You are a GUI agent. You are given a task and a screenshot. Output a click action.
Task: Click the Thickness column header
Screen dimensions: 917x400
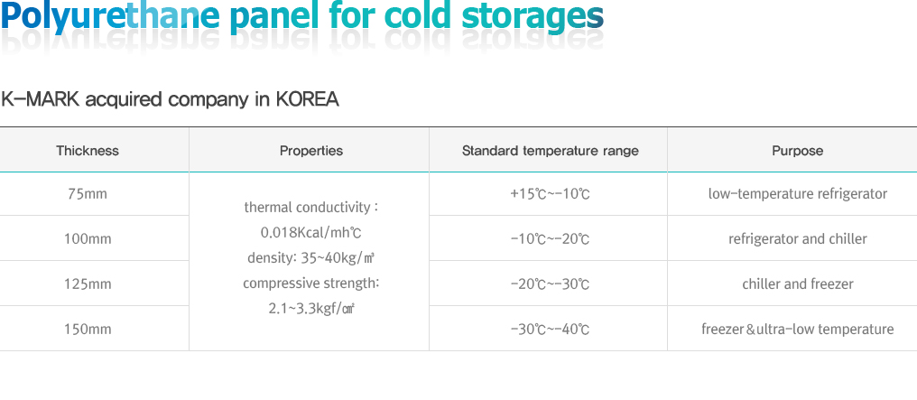[x=88, y=151]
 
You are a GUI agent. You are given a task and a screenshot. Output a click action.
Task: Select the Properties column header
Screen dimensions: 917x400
[x=311, y=151]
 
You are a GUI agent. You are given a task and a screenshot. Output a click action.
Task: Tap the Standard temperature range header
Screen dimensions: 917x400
[x=551, y=151]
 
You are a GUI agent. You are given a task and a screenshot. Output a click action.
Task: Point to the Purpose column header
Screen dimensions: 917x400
[x=798, y=151]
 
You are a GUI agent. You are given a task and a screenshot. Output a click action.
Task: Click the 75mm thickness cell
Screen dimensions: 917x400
[x=88, y=193]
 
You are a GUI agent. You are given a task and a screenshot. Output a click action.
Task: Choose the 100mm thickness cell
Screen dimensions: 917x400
[x=88, y=238]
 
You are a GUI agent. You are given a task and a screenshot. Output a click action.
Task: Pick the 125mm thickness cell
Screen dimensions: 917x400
[x=88, y=284]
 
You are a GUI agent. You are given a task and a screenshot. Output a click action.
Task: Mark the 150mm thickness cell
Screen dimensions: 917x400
[x=88, y=330]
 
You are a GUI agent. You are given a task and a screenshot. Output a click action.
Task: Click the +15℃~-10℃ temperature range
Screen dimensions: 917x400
[x=551, y=193]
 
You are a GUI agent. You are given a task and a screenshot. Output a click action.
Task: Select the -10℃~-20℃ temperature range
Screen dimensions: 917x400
[x=551, y=238]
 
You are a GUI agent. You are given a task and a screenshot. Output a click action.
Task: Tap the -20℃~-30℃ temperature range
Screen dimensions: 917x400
[x=551, y=284]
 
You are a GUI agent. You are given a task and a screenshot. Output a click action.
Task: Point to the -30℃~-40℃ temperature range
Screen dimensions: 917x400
[x=551, y=330]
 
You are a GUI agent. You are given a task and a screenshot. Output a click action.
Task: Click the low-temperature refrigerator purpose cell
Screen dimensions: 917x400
[x=798, y=193]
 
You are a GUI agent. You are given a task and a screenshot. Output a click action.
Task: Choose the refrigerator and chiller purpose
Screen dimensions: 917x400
[x=798, y=238]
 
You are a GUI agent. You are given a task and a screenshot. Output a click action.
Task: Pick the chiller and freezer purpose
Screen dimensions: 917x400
[x=798, y=284]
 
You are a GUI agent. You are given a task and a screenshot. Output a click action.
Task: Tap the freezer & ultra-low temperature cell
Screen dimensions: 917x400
[x=798, y=330]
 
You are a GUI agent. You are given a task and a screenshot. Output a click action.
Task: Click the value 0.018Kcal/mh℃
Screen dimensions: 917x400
[x=311, y=233]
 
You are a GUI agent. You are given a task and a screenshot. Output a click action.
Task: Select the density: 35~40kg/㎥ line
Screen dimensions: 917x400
[x=311, y=258]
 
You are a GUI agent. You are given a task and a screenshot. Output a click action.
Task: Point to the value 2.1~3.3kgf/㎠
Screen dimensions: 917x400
[x=311, y=308]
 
